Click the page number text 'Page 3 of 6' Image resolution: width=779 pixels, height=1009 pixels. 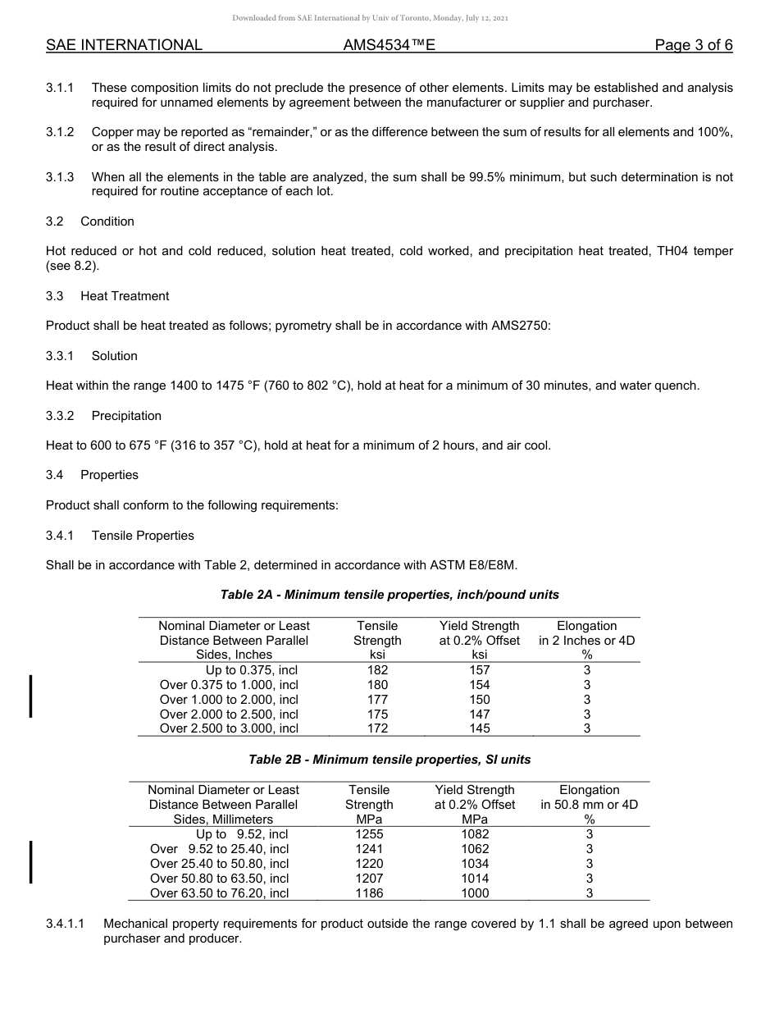[693, 45]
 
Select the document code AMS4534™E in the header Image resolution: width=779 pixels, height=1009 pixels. [389, 45]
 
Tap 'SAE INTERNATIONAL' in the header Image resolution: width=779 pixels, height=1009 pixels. [124, 45]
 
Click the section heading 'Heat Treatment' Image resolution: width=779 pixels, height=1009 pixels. [125, 296]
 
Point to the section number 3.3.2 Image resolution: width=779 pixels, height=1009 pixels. [60, 416]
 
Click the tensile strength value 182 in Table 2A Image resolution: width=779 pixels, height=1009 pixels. [377, 670]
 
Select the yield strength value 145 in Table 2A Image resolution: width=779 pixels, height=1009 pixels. [479, 728]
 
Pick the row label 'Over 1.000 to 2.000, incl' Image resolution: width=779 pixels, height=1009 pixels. [229, 700]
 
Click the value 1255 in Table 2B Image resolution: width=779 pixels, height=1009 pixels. [369, 834]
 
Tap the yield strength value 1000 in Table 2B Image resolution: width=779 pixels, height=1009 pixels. [475, 893]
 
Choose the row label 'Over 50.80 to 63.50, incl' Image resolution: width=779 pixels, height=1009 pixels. [220, 879]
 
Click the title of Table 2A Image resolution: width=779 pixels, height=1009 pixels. [389, 595]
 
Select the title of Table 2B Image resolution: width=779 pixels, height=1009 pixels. [389, 760]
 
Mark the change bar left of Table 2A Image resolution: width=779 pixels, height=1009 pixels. [31, 696]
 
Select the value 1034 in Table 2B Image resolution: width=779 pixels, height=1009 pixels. [475, 864]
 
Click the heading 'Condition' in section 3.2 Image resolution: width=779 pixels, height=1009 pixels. [107, 221]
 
